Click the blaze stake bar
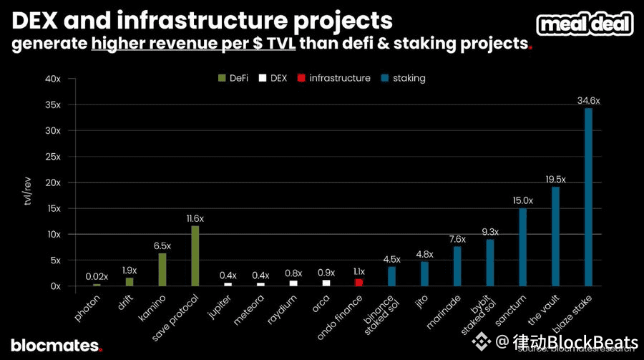589,197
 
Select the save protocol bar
195,256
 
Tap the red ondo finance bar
359,283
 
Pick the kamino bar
162,269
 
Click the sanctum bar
523,247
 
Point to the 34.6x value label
589,101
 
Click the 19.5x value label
556,179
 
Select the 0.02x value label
97,276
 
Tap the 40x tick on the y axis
54,79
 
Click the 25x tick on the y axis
54,157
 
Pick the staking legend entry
405,77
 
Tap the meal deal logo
585,24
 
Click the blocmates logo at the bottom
56,345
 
